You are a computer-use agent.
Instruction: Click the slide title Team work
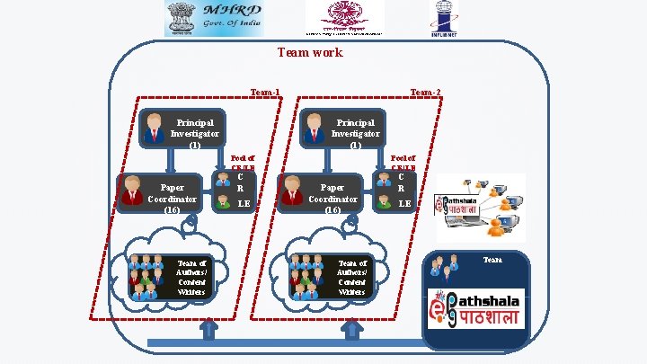tap(310, 53)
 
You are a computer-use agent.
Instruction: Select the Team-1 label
tap(265, 92)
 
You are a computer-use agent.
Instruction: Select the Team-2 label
tap(425, 92)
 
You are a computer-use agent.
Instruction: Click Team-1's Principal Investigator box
tap(182, 131)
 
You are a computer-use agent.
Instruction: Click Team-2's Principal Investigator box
tap(341, 131)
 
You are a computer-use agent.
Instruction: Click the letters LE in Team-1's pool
tap(243, 204)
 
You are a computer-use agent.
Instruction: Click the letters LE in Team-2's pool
tap(405, 204)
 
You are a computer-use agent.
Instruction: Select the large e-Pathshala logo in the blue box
tap(474, 306)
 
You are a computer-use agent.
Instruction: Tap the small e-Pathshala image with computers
tap(481, 206)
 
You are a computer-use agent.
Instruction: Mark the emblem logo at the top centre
tap(344, 16)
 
